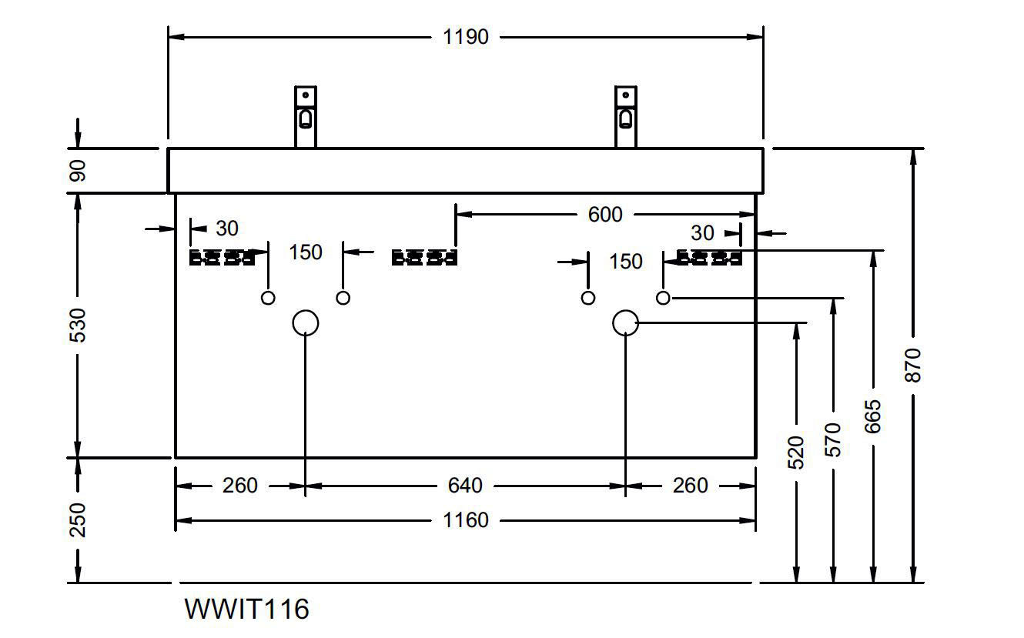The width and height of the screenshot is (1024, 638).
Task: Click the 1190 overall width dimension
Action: pyautogui.click(x=466, y=37)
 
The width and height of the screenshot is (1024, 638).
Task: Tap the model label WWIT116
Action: pyautogui.click(x=246, y=610)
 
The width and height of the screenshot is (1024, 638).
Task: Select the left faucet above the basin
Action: pyautogui.click(x=306, y=116)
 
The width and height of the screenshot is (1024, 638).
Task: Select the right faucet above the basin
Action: pyautogui.click(x=625, y=116)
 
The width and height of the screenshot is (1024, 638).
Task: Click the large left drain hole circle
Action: pyautogui.click(x=306, y=323)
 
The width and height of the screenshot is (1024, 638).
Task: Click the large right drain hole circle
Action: pyautogui.click(x=625, y=323)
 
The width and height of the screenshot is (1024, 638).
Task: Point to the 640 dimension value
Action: pyautogui.click(x=465, y=486)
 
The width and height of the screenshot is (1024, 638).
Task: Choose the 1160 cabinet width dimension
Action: pyautogui.click(x=465, y=521)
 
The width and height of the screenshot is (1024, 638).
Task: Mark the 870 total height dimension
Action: pyautogui.click(x=913, y=365)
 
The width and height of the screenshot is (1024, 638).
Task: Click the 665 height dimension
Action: pyautogui.click(x=872, y=416)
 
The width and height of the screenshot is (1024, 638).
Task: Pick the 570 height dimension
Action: pyautogui.click(x=833, y=439)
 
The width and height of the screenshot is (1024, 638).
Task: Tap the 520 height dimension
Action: pyautogui.click(x=797, y=453)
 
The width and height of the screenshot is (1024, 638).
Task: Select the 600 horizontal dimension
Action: pyautogui.click(x=604, y=215)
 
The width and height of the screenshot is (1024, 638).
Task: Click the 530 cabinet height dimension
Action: pyautogui.click(x=78, y=325)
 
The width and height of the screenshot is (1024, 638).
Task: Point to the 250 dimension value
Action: pyautogui.click(x=78, y=520)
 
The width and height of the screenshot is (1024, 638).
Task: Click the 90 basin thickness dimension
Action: pyautogui.click(x=78, y=170)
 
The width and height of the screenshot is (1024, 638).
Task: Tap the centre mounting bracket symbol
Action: pyautogui.click(x=423, y=258)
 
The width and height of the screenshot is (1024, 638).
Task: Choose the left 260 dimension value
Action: pyautogui.click(x=240, y=486)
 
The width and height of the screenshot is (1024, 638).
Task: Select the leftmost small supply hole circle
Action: pyautogui.click(x=268, y=298)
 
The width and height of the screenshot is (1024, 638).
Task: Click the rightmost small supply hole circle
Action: pyautogui.click(x=663, y=298)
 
